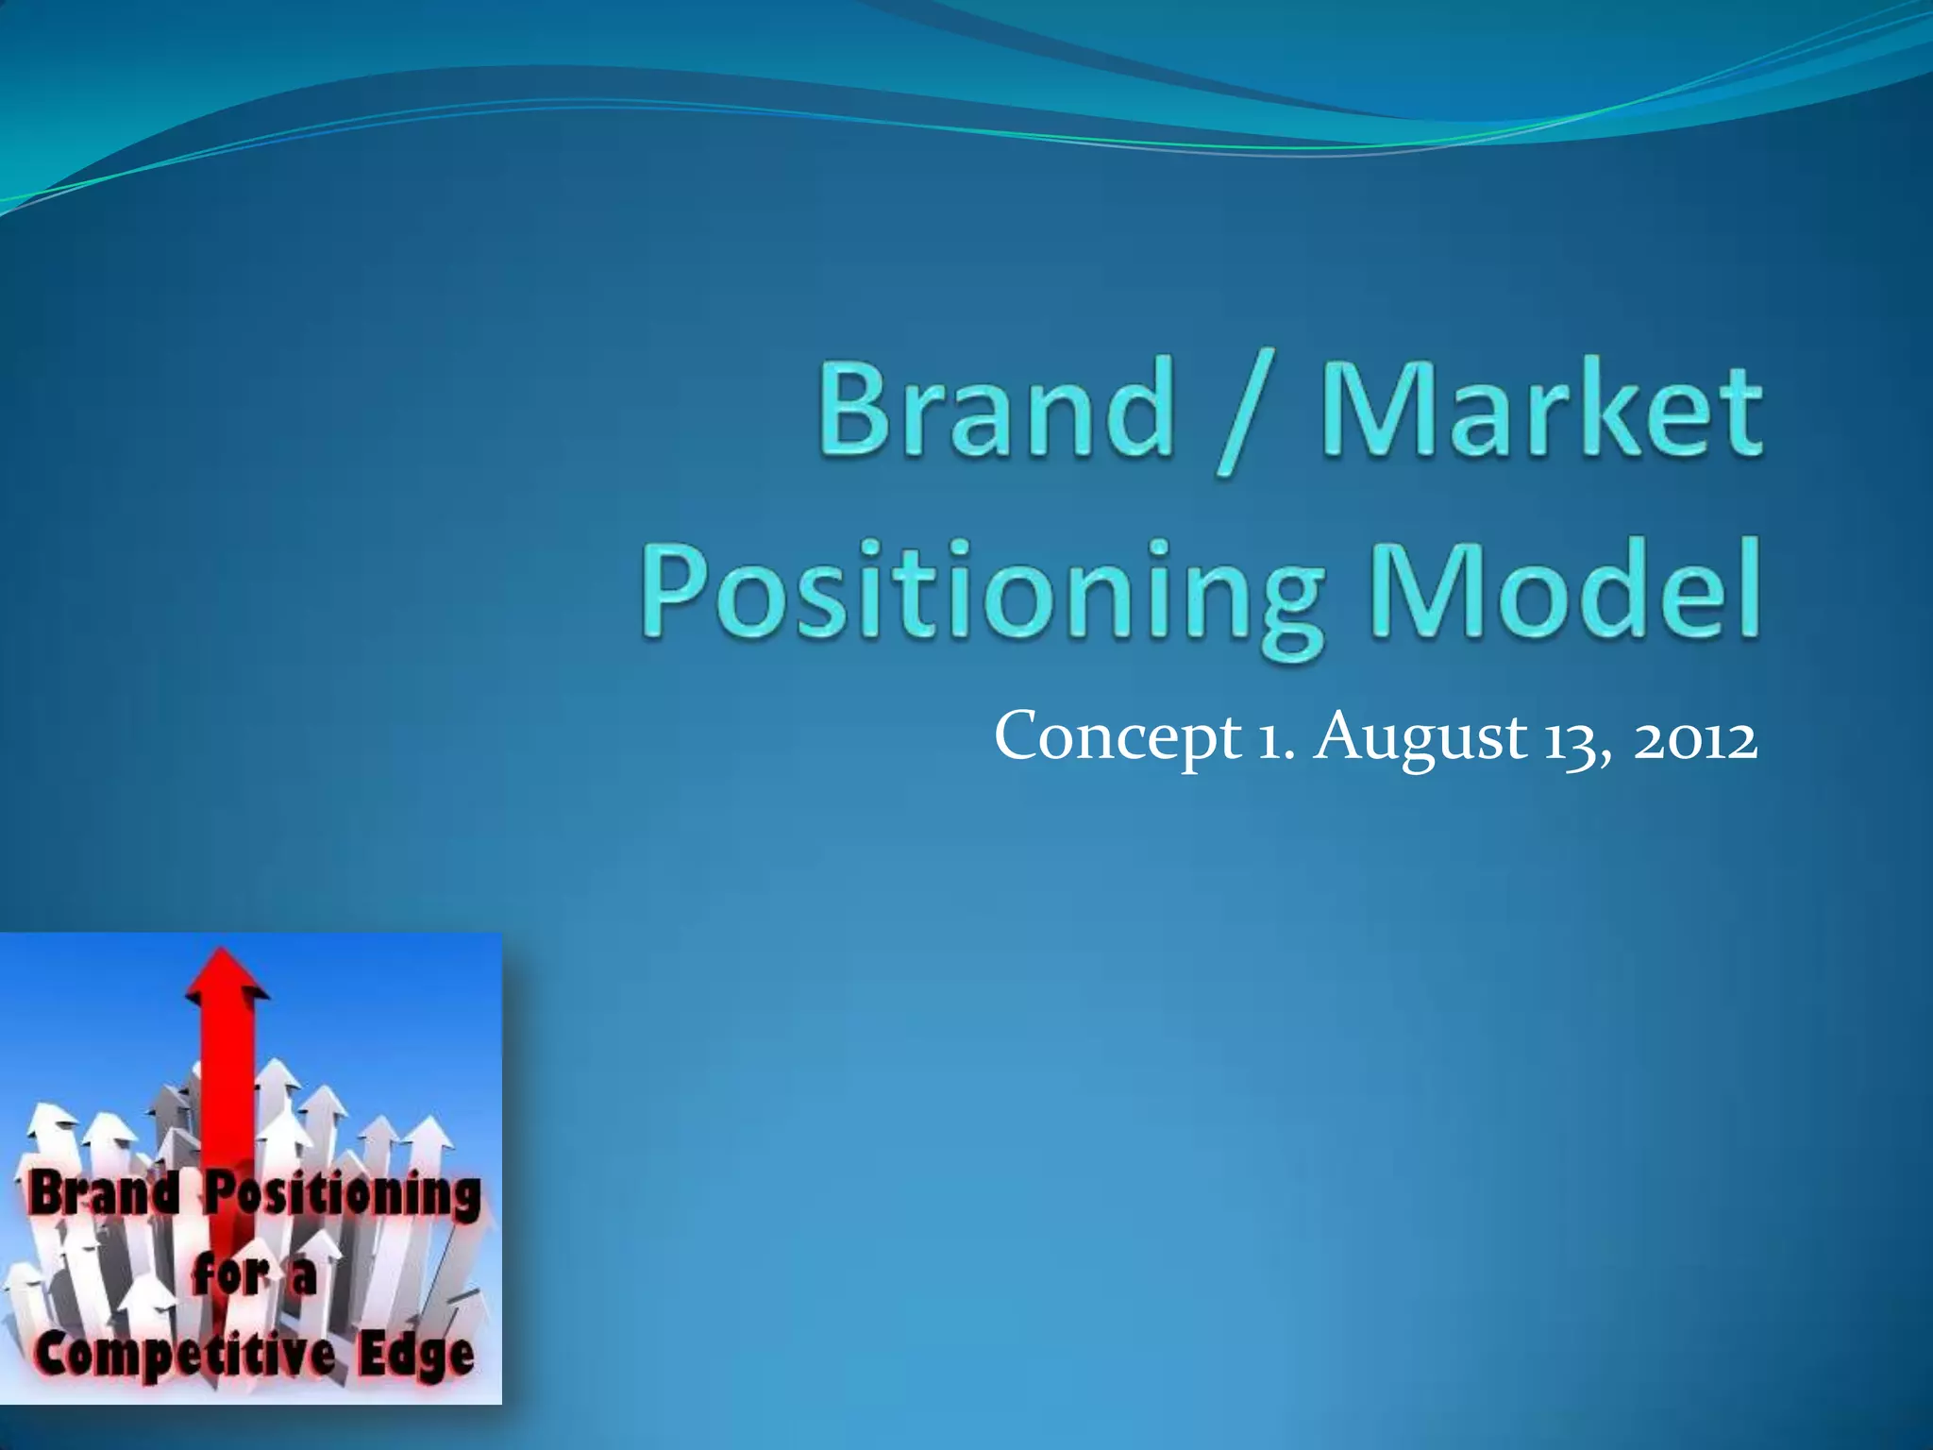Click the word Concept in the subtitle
1118,738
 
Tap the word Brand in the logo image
103,1195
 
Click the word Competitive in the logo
184,1357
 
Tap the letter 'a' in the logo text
302,1279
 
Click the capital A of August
1342,736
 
